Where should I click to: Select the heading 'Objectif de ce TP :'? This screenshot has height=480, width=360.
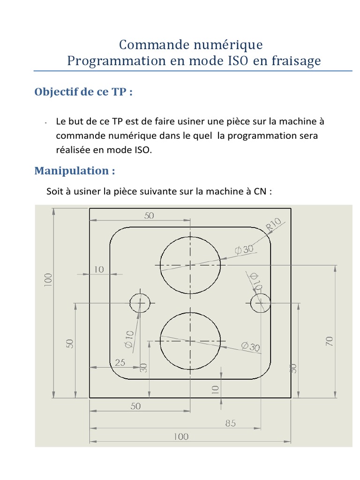83,92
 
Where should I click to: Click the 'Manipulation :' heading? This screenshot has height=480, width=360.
75,171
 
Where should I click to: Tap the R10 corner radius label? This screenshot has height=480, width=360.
274,225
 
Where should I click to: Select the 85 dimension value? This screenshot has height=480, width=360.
230,423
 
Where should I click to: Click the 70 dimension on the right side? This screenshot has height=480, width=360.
329,341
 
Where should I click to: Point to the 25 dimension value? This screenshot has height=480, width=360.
120,362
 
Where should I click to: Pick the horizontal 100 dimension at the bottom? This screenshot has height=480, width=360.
180,436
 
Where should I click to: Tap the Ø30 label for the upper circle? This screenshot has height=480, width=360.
244,249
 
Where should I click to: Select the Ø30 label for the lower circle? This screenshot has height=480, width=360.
250,347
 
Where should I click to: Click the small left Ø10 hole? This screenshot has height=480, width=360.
140,303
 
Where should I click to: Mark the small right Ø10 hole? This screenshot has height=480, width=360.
260,303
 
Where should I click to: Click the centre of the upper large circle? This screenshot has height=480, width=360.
190,265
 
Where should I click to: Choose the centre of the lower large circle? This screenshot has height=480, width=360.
190,341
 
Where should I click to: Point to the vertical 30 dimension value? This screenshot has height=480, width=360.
144,368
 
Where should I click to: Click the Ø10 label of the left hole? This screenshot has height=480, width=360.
129,339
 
